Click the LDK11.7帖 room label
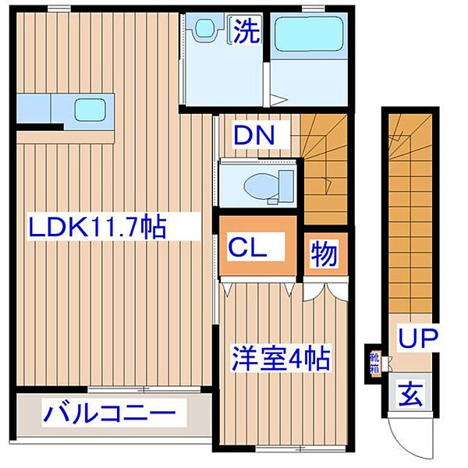pos(97,229)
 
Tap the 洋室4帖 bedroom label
pos(279,360)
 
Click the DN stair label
pos(254,136)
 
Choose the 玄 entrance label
pos(411,396)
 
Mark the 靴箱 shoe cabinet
pos(375,362)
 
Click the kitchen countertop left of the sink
pos(34,105)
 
